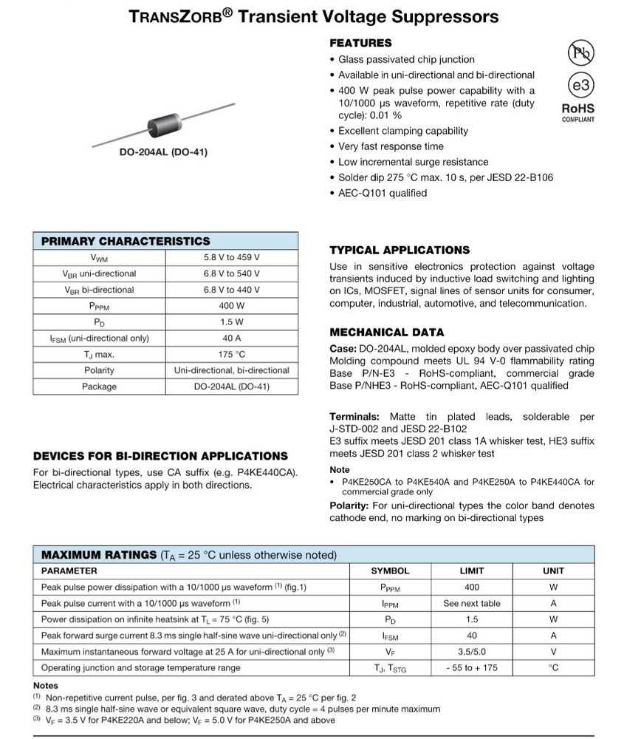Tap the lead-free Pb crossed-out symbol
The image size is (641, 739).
coord(580,52)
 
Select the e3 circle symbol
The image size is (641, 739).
coord(580,85)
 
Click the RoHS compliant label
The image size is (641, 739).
coord(578,112)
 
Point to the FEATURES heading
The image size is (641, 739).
coord(360,43)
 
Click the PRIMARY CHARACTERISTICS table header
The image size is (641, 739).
coord(126,241)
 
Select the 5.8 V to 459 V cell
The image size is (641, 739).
coord(231,258)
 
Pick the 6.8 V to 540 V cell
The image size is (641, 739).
coord(231,273)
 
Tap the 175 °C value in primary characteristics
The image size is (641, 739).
coord(231,354)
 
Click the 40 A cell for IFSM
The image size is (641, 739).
coord(231,338)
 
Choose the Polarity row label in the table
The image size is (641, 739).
coord(99,370)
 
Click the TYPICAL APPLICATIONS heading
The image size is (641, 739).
coord(399,250)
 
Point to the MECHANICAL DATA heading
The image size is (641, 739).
coord(386,332)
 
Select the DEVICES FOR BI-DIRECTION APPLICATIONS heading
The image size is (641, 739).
coord(160,456)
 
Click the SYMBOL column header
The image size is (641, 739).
coord(389,571)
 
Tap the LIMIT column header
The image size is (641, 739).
coord(472,571)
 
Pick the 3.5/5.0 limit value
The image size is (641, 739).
coord(472,651)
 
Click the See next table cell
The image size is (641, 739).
coord(472,603)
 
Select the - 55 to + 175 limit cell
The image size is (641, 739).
coord(472,667)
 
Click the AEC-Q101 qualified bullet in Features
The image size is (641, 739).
coord(382,193)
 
